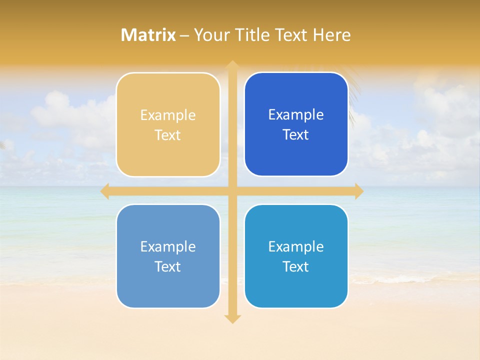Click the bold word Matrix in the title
pos(148,35)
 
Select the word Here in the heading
pos(332,35)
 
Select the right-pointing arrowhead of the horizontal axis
pos(359,191)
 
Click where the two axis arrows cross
pos(232,191)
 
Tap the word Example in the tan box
pos(168,115)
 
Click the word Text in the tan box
pos(168,135)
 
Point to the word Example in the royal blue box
pos(296,115)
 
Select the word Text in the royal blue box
pos(296,135)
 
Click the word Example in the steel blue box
pos(168,246)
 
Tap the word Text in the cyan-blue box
pos(296,266)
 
